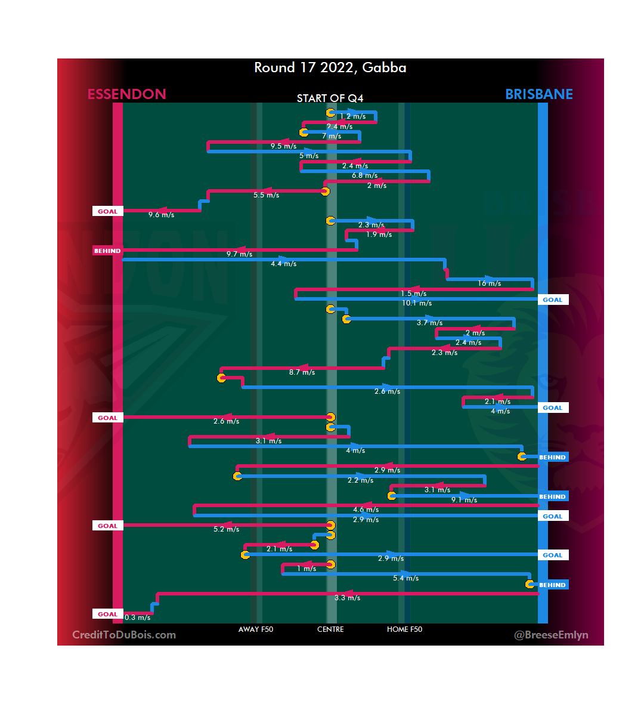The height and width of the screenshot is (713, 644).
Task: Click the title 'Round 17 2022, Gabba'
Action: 330,67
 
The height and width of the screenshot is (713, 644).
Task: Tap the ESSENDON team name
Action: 126,94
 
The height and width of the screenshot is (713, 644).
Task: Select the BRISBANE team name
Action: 538,94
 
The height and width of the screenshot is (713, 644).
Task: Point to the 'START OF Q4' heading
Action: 330,98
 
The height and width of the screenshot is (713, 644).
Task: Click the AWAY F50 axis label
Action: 255,629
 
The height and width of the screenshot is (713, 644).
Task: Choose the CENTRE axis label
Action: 330,629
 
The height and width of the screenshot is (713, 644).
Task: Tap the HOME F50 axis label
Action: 404,629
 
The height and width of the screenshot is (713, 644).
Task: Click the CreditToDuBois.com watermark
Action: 124,635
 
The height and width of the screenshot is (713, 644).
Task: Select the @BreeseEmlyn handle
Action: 551,635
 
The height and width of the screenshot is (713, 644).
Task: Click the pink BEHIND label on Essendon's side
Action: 107,251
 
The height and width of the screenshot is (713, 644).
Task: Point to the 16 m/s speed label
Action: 489,283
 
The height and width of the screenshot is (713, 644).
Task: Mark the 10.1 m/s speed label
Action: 417,303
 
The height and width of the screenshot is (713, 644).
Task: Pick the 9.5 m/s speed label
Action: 283,146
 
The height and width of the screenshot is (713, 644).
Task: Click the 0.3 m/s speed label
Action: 137,618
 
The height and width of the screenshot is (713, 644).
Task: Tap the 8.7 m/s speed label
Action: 302,372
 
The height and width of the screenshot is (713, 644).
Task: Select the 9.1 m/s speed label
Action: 464,500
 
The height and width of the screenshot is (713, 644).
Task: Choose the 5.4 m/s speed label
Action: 405,578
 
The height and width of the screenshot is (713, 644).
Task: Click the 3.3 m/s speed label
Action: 347,598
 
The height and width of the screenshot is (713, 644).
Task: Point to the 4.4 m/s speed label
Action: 283,264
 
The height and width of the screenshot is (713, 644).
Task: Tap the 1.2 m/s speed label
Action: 352,116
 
